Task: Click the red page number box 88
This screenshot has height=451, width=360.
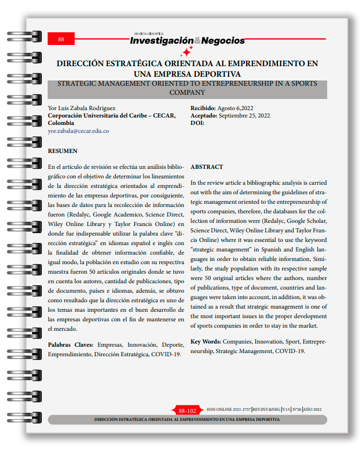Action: tap(61, 39)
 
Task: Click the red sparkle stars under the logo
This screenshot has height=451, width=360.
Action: tap(186, 52)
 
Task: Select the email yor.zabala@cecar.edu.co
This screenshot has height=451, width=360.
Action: tap(78, 131)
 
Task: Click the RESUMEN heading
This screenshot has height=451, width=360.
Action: tap(62, 151)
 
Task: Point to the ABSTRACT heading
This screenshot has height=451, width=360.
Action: tap(206, 166)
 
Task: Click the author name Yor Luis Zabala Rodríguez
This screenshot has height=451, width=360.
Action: tap(82, 109)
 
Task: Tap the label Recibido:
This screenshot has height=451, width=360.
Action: tap(203, 109)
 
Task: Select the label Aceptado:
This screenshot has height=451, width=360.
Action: tap(203, 116)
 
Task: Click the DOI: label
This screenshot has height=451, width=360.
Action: tap(197, 123)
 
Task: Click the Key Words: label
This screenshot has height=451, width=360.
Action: tap(205, 342)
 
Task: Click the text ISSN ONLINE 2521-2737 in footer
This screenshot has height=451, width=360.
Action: tap(229, 410)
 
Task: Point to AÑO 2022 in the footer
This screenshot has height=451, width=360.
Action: tap(318, 410)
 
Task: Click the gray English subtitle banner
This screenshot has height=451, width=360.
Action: tap(187, 88)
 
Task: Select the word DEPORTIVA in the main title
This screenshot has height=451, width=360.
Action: tap(214, 74)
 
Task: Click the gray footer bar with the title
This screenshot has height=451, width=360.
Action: tap(187, 419)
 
